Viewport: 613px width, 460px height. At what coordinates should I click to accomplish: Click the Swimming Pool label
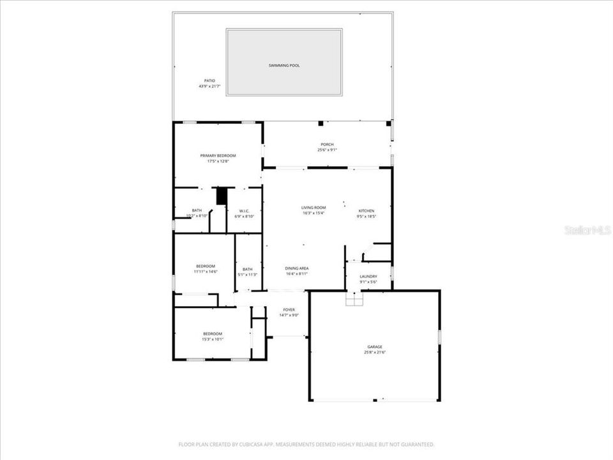[284, 65]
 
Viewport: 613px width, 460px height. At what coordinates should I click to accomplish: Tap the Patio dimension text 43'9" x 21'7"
[209, 86]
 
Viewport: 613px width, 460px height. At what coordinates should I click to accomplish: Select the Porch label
[327, 144]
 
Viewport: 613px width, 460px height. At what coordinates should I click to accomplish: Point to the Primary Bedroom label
[218, 156]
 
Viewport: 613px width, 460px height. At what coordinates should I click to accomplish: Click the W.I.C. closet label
[244, 211]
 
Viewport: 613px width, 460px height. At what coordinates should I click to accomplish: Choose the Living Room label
[314, 208]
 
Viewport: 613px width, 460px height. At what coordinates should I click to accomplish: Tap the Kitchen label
[366, 211]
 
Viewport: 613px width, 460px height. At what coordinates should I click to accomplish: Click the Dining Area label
[297, 268]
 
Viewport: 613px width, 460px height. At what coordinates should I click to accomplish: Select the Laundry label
[368, 276]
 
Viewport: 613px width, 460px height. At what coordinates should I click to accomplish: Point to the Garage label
[375, 346]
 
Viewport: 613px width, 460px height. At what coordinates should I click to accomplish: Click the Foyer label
[289, 309]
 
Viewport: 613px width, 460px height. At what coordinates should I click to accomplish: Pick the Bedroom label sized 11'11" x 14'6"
[205, 266]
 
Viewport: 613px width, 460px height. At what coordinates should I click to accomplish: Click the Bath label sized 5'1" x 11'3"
[247, 269]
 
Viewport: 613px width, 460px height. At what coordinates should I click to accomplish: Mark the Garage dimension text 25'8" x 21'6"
[375, 352]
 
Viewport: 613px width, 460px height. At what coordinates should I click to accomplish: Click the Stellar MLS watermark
[587, 230]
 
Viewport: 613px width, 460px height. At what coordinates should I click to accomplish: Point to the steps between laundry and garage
[354, 298]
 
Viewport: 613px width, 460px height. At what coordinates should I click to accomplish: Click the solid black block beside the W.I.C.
[222, 195]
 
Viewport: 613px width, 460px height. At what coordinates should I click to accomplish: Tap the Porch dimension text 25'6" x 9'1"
[327, 150]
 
